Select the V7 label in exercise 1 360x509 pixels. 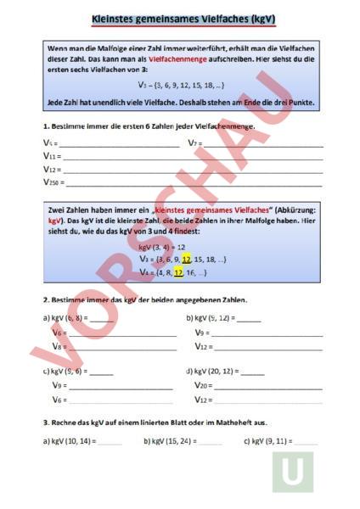coord(194,143)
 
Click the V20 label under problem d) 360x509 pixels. coord(202,386)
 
